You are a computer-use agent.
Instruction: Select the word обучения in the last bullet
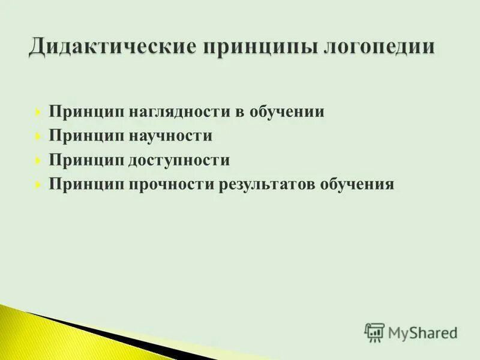click(358, 184)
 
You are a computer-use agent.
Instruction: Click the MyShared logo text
click(422, 332)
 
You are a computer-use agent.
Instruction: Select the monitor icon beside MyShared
click(374, 332)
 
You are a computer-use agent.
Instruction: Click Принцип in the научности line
click(83, 136)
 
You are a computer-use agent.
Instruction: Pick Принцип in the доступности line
click(83, 160)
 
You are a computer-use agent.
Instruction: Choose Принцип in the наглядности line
click(83, 112)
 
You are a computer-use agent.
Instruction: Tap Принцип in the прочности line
click(83, 184)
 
